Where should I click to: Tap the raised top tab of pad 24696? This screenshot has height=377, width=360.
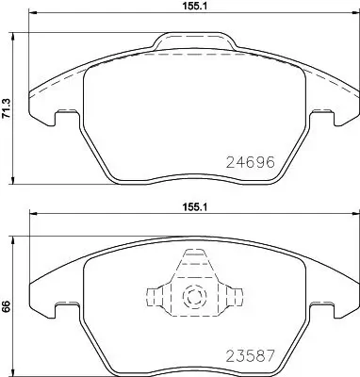(195, 41)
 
